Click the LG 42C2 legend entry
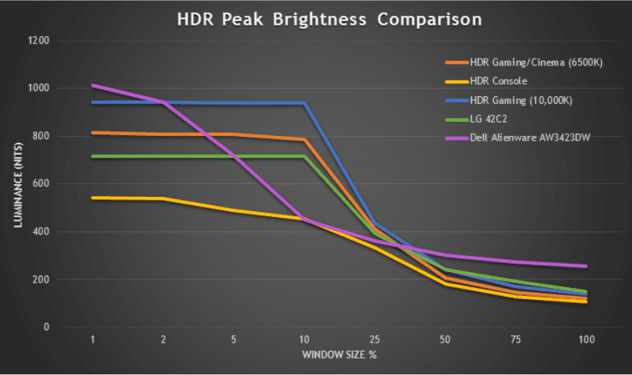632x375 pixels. [x=490, y=118]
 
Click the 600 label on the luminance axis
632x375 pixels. [x=41, y=184]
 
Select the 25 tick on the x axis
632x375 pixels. [x=374, y=340]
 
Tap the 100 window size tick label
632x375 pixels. [x=586, y=340]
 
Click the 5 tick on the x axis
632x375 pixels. [x=234, y=340]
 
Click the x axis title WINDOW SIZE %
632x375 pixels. [x=339, y=353]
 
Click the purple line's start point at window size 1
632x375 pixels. [x=92, y=86]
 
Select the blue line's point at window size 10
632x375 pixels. [x=304, y=103]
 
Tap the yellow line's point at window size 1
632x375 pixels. [x=92, y=198]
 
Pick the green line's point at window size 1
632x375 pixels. [x=92, y=156]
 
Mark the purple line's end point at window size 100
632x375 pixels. [x=586, y=266]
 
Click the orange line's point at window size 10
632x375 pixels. [x=304, y=140]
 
